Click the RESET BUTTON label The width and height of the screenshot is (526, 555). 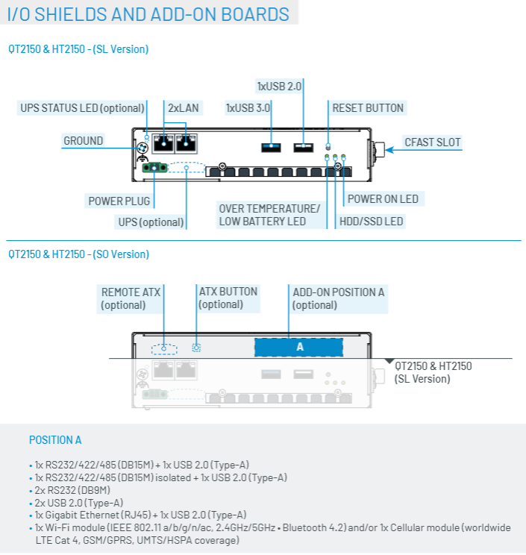point(368,107)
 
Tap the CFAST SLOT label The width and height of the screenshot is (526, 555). point(432,142)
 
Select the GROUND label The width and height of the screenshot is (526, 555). point(83,140)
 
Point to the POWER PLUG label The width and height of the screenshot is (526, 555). point(119,201)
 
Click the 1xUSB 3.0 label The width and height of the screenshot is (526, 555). point(248,107)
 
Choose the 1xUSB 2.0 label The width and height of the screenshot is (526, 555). point(279,86)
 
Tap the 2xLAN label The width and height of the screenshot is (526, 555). point(184,107)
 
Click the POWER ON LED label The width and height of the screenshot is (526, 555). point(383,199)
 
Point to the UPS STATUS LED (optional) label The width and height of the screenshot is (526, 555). point(82,107)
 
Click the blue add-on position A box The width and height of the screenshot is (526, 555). point(300,347)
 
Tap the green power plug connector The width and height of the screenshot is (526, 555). point(154,169)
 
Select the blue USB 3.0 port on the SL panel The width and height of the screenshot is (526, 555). point(270,147)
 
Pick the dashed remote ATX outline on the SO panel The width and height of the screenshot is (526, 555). point(163,348)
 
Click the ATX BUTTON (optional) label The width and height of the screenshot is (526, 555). point(228,298)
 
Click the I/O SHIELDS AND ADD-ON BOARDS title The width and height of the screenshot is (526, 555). point(148,13)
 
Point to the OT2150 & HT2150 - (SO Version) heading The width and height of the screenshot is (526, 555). point(79,254)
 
